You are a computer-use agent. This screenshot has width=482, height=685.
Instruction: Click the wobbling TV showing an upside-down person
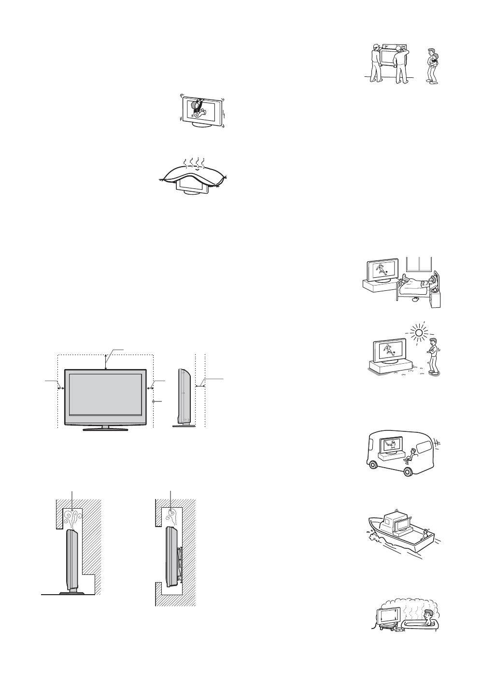point(199,111)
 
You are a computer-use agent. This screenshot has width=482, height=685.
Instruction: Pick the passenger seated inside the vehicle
point(411,455)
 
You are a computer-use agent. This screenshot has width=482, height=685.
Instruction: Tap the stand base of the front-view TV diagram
point(103,428)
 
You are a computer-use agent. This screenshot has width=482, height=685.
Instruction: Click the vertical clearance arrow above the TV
point(106,361)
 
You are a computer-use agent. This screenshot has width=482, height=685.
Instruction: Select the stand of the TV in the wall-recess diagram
point(71,591)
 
